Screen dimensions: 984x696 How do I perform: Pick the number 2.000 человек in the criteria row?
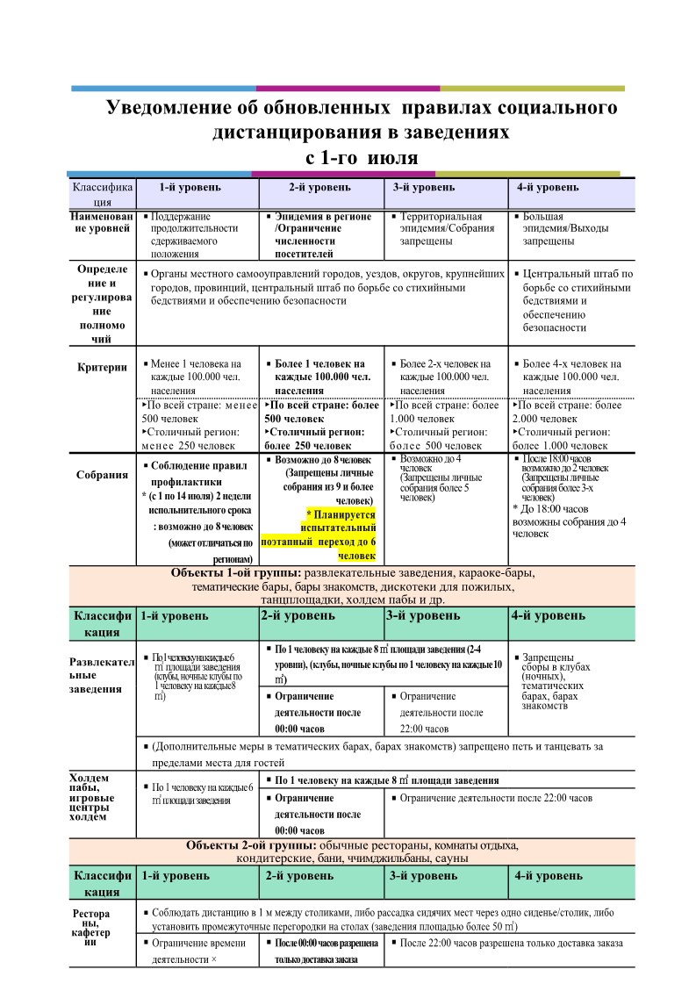tap(545, 419)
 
